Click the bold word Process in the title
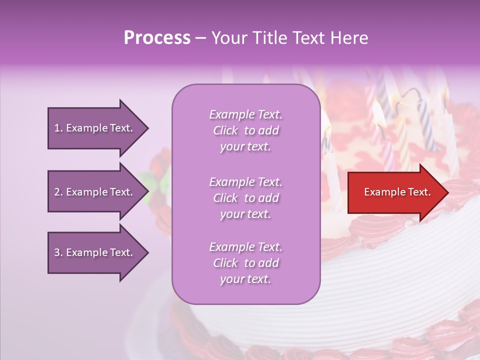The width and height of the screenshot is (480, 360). (x=157, y=38)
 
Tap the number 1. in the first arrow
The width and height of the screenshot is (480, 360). (x=58, y=128)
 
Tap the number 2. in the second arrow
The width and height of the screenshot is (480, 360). (x=58, y=192)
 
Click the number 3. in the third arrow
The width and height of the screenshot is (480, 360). (x=58, y=252)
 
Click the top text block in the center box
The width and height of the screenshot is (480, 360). (x=245, y=130)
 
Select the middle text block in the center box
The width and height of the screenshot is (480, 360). (x=245, y=198)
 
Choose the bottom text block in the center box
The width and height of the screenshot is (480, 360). (x=245, y=263)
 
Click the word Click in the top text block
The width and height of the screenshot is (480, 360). (x=225, y=130)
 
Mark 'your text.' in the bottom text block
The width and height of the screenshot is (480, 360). (x=245, y=279)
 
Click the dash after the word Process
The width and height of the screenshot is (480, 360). (x=200, y=38)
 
